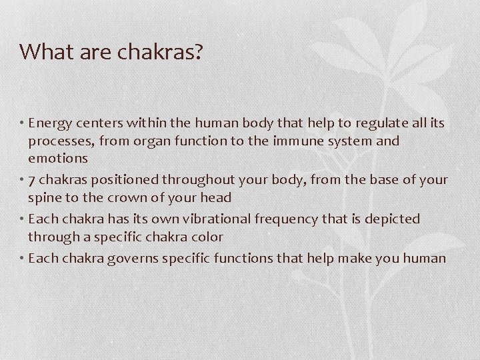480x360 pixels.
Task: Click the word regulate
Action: (380, 123)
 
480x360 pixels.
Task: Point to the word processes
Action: (57, 142)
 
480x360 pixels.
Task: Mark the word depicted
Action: (393, 219)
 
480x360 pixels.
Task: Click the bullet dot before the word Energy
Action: (22, 123)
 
